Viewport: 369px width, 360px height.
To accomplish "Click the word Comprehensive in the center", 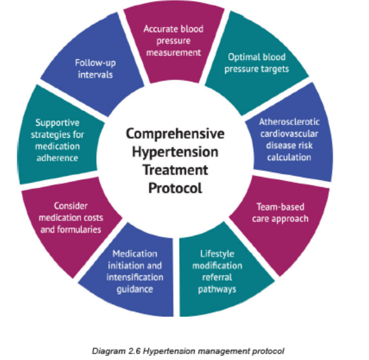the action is coord(175,134).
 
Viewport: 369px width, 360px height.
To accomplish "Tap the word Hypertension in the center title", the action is coord(175,152).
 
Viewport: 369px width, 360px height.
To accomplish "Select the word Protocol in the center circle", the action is coord(175,188).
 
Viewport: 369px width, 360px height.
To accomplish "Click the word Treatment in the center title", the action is coord(175,170).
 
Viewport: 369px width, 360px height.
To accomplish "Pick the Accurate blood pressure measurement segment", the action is coord(174,43).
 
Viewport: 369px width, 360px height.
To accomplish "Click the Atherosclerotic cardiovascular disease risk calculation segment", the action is coord(290,139).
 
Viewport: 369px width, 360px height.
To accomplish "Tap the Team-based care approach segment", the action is coord(280,219).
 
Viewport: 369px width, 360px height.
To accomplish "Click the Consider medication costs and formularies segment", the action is coord(71,219).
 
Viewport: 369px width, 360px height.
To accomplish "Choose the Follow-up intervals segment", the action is coord(96,69).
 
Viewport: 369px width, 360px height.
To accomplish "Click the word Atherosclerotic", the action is coord(289,122).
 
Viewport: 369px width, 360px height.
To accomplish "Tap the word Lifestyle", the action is coord(217,254).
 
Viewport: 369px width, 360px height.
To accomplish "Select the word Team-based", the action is coord(280,207).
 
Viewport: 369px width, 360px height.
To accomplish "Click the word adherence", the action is coord(57,158).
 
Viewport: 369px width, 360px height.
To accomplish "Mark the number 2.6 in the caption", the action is coord(134,351).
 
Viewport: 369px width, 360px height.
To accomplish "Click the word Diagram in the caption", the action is coord(108,351).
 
